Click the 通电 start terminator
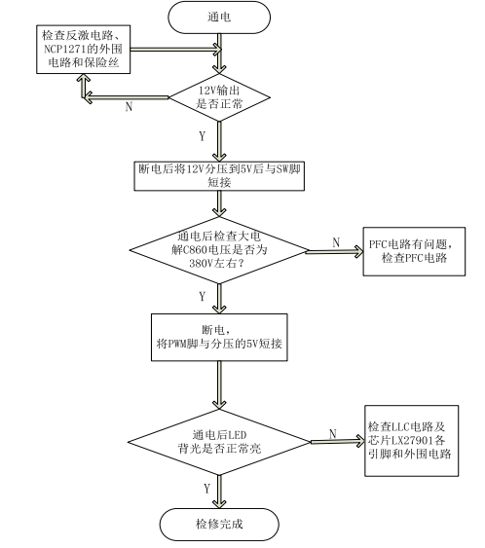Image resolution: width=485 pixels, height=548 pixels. (x=219, y=18)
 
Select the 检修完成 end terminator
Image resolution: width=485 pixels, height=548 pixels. (x=219, y=525)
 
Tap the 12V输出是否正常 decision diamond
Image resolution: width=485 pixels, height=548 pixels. (x=219, y=97)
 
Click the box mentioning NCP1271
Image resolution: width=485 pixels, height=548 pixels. (x=83, y=50)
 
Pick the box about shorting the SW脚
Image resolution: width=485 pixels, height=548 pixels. (x=219, y=176)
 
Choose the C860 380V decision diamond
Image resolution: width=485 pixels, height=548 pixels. (x=219, y=250)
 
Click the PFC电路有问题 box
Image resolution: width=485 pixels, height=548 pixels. (x=414, y=251)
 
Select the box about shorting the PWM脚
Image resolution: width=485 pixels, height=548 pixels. (x=219, y=337)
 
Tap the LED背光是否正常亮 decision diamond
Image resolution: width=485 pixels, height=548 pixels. (x=219, y=442)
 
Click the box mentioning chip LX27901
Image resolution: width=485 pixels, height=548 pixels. (x=412, y=441)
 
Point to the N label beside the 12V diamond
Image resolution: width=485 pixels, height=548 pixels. (x=129, y=106)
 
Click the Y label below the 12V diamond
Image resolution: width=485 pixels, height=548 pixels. (x=203, y=136)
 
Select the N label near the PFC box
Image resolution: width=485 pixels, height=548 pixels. (x=336, y=242)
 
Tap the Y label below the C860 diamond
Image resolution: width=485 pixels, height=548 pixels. (x=203, y=296)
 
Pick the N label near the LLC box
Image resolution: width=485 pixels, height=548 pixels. (x=333, y=434)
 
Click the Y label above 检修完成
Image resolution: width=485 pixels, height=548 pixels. (x=206, y=489)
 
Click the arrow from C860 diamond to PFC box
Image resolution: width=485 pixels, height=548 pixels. (x=335, y=251)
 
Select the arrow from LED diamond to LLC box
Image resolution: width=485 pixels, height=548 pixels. (x=338, y=441)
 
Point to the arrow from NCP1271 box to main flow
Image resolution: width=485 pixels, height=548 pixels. (x=176, y=50)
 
